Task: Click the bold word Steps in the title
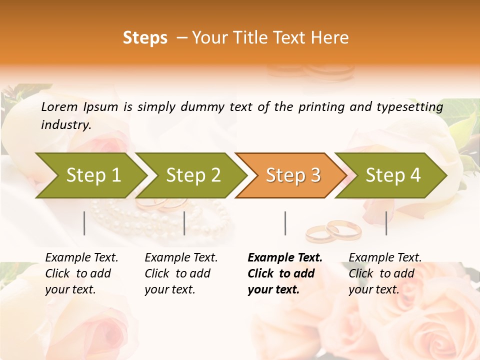pyautogui.click(x=145, y=38)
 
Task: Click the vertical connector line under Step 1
pyautogui.click(x=84, y=223)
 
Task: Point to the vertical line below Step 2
pyautogui.click(x=184, y=223)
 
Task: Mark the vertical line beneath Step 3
pyautogui.click(x=285, y=223)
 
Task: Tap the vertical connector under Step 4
pyautogui.click(x=386, y=223)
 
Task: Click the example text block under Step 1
pyautogui.click(x=81, y=273)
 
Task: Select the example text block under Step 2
pyautogui.click(x=181, y=273)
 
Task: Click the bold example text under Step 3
pyautogui.click(x=285, y=273)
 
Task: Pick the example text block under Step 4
pyautogui.click(x=385, y=273)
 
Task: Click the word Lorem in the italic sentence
pyautogui.click(x=59, y=106)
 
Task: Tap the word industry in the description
pyautogui.click(x=66, y=125)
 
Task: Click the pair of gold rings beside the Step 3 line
pyautogui.click(x=333, y=231)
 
